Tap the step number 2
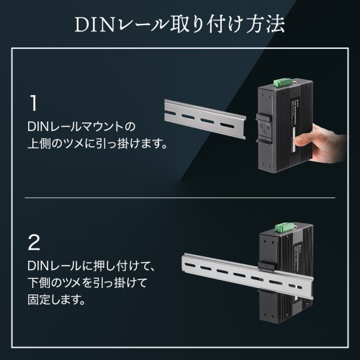(x=33, y=240)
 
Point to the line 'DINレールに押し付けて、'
(x=89, y=264)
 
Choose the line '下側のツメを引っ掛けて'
(x=89, y=281)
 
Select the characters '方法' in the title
(x=266, y=24)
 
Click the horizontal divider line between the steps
(x=180, y=197)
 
